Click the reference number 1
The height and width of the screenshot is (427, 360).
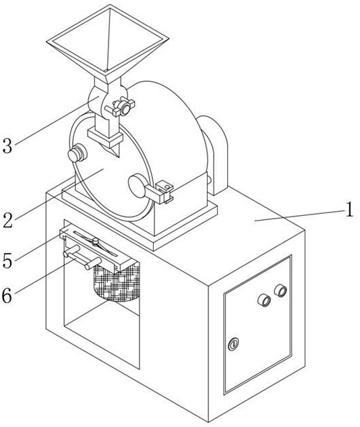pyautogui.click(x=349, y=209)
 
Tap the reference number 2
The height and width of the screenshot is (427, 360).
pyautogui.click(x=8, y=220)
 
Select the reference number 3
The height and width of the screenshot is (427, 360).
pyautogui.click(x=7, y=146)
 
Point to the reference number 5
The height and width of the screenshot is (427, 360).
pyautogui.click(x=7, y=260)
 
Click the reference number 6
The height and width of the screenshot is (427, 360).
pyautogui.click(x=7, y=295)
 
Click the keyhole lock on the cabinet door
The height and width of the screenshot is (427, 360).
pyautogui.click(x=233, y=344)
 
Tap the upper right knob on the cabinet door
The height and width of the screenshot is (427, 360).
pyautogui.click(x=280, y=290)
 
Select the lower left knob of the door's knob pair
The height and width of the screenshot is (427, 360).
pyautogui.click(x=264, y=300)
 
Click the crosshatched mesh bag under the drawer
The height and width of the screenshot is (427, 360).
pyautogui.click(x=117, y=283)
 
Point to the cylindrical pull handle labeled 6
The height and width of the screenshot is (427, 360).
pyautogui.click(x=82, y=257)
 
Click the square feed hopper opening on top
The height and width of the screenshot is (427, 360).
pyautogui.click(x=108, y=40)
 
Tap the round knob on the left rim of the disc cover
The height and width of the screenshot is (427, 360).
pyautogui.click(x=77, y=154)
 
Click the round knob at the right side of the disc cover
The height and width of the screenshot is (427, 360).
pyautogui.click(x=138, y=186)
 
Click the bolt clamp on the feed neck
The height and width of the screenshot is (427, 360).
pyautogui.click(x=121, y=107)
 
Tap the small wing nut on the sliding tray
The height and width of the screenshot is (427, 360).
pyautogui.click(x=95, y=241)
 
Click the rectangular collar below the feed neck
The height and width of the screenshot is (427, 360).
pyautogui.click(x=105, y=138)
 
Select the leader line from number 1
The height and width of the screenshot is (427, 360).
pyautogui.click(x=300, y=215)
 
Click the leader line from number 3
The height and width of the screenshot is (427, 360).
pyautogui.click(x=57, y=121)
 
